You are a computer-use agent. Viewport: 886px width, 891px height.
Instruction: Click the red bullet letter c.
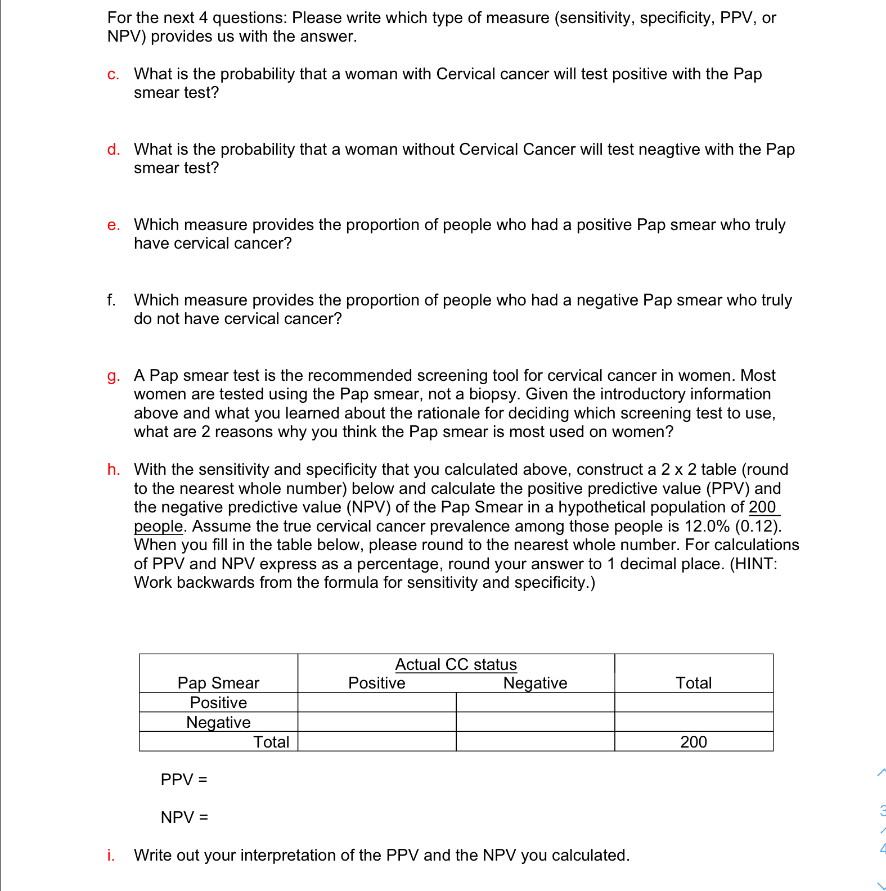coord(113,75)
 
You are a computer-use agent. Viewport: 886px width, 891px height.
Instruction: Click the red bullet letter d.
coord(113,150)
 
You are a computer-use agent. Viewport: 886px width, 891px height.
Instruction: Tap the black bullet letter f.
coord(111,300)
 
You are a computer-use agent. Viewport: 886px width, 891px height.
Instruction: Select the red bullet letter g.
coord(113,376)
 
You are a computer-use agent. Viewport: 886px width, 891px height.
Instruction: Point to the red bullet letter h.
coord(113,470)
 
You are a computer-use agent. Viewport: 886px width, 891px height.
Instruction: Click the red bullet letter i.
coord(111,855)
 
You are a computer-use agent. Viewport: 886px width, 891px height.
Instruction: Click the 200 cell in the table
coord(693,742)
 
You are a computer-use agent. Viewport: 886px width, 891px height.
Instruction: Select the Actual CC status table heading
coord(456,664)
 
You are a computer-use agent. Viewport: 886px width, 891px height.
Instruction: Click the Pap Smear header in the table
coord(218,683)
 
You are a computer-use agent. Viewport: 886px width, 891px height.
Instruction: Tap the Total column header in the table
coord(693,683)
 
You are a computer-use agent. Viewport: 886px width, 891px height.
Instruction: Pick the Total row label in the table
coord(271,742)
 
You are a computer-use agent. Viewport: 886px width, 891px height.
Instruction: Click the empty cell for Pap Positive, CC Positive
coord(376,703)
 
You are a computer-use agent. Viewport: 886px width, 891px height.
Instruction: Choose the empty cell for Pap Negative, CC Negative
coord(535,722)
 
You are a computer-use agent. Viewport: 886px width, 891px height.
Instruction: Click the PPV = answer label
coord(184,780)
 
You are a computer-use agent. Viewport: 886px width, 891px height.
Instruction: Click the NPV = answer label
coord(184,817)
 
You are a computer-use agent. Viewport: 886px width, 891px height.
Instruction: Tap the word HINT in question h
coord(753,564)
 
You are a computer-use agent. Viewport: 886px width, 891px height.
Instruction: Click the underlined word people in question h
coord(158,526)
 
